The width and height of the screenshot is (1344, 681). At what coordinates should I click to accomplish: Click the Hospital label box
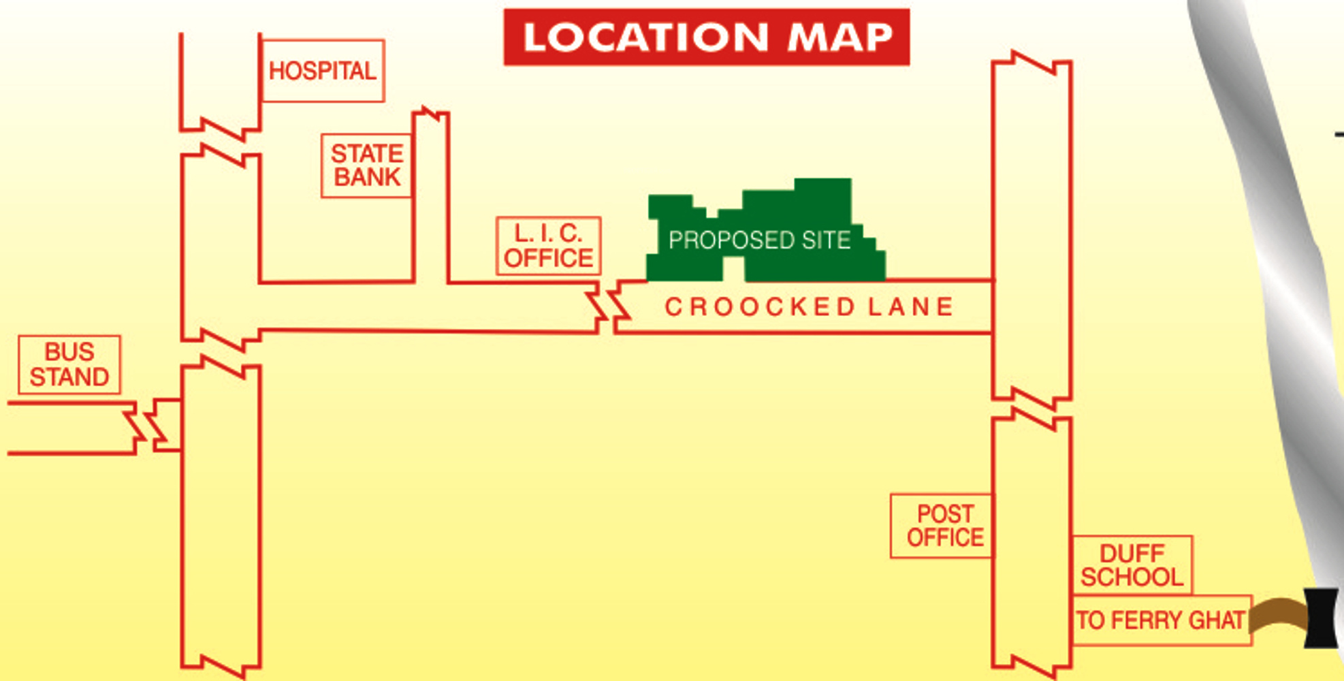tap(323, 71)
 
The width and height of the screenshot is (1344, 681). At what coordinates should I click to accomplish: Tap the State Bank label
tap(367, 165)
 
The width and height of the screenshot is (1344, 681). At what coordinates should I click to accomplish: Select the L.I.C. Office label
tap(549, 246)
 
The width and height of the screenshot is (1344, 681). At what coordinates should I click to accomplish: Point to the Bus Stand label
tap(69, 365)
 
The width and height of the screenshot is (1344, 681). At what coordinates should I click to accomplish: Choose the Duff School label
tap(1132, 565)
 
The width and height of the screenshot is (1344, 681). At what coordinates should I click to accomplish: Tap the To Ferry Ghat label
tap(1161, 620)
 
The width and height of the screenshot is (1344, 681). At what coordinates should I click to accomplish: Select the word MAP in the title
tap(840, 37)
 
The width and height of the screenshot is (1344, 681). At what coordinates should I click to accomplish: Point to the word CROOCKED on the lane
tap(759, 307)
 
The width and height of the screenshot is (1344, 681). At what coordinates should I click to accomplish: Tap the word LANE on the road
tap(911, 307)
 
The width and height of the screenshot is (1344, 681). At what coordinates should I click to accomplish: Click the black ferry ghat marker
tap(1321, 618)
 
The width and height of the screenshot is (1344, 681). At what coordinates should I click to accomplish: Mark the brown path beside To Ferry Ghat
tap(1279, 613)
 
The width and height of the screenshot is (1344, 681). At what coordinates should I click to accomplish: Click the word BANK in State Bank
tap(367, 178)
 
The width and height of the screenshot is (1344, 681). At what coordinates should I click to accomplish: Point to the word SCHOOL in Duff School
tap(1132, 577)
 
